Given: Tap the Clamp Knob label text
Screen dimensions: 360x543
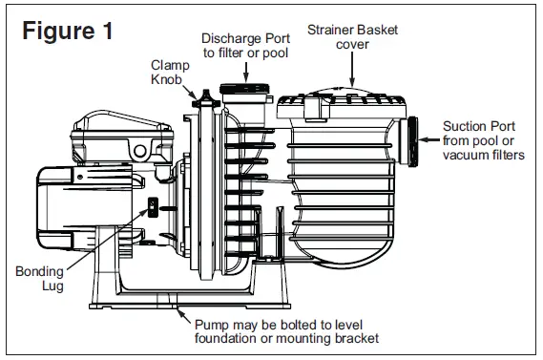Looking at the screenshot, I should tap(169, 73).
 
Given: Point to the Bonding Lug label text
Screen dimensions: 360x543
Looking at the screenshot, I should tap(38, 280).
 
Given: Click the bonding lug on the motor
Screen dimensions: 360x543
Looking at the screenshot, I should tap(151, 207).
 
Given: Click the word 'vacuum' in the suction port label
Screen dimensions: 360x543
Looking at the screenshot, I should tap(465, 155).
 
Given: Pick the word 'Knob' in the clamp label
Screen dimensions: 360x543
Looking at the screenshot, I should tap(169, 80).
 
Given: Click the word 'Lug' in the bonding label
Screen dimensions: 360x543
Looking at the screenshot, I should tap(37, 287).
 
